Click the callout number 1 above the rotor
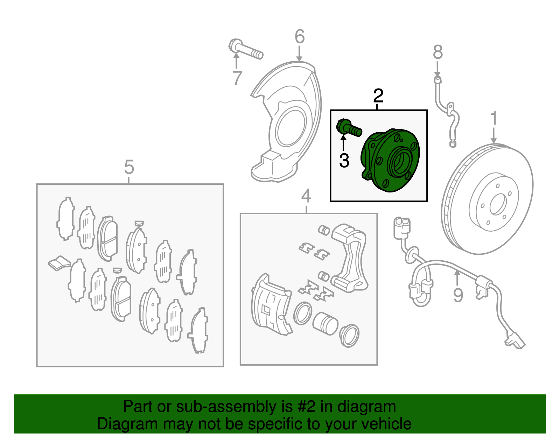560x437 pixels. (493, 119)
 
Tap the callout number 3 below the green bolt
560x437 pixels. (344, 161)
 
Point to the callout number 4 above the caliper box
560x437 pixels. (306, 196)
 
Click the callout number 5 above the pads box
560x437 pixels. (129, 167)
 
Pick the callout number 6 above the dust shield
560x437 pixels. (300, 36)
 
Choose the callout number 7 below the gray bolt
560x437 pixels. (237, 78)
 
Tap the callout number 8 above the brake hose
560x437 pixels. (437, 52)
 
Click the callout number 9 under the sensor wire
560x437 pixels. (458, 295)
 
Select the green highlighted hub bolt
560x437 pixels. (348, 128)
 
